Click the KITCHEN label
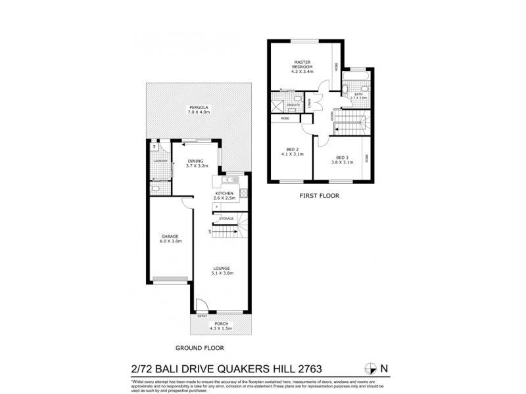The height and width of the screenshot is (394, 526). [x=224, y=192]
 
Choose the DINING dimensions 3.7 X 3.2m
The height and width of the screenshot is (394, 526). [x=195, y=167]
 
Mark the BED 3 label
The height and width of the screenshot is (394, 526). [x=341, y=157]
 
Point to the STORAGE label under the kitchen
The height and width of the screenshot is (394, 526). [x=226, y=218]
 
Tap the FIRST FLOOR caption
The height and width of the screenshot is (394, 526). [x=318, y=195]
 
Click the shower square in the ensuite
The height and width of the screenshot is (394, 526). [x=277, y=104]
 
